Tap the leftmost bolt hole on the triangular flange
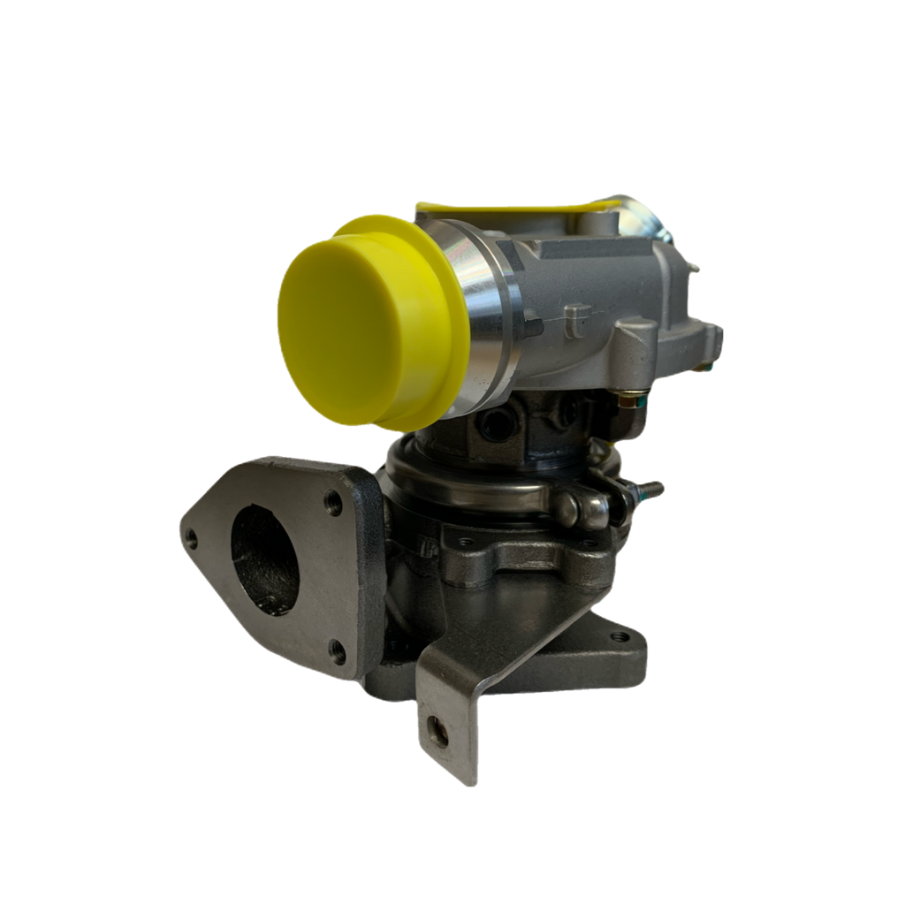pos(189,533)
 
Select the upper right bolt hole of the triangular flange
pos(333,503)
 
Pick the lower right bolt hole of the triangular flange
pos(336,652)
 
